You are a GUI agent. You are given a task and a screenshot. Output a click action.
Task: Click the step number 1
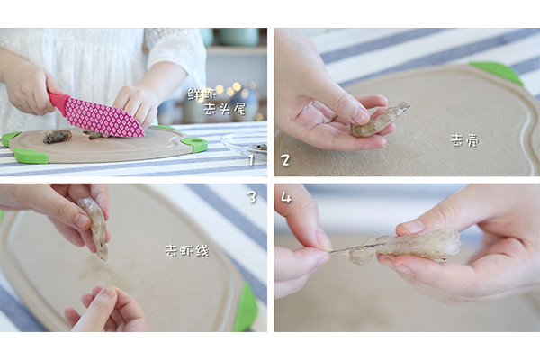pos(251,160)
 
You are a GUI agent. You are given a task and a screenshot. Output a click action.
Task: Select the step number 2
pos(285,160)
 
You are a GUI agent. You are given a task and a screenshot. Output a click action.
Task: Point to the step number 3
pos(252,197)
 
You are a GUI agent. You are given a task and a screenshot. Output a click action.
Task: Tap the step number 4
pos(286,197)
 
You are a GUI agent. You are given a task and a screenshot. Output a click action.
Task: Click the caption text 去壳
pos(465,140)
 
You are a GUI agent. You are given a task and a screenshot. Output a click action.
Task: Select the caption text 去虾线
pos(187,250)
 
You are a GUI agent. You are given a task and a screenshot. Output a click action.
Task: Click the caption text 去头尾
pos(224,109)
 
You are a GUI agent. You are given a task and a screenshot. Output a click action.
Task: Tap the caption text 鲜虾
pos(202,94)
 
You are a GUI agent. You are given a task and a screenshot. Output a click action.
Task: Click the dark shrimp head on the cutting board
pos(58,136)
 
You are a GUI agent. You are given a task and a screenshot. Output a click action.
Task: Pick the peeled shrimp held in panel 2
pos(379,119)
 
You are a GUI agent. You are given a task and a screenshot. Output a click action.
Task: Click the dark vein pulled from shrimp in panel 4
pos(355,247)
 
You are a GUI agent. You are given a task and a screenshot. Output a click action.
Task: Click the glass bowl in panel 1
pos(245,146)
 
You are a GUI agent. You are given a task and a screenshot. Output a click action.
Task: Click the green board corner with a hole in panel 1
pos(195,145)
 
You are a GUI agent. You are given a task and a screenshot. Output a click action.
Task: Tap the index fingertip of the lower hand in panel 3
pos(109,292)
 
